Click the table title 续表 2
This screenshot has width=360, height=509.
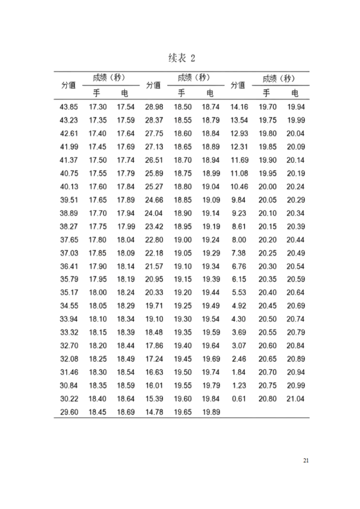(x=180, y=59)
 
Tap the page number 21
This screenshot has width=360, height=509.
(x=306, y=460)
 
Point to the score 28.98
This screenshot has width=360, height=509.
(x=154, y=107)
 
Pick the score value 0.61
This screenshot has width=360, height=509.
(x=238, y=399)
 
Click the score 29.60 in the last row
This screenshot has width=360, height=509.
(x=69, y=412)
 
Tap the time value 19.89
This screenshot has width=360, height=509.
(x=211, y=412)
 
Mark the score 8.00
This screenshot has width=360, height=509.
(x=238, y=240)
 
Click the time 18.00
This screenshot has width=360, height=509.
(x=98, y=293)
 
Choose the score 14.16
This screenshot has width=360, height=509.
(x=239, y=107)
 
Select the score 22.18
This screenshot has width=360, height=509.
(x=154, y=253)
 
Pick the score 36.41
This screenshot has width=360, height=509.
(x=69, y=266)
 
